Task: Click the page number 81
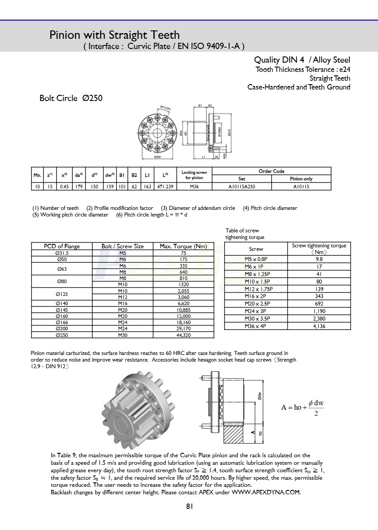pos(189,507)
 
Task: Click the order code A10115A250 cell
pos(242,187)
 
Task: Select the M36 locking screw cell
pos(194,187)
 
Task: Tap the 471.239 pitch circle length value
pos(164,187)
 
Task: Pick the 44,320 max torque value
pos(183,335)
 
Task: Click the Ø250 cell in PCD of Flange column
pos(62,335)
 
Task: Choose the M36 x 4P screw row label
pos(256,326)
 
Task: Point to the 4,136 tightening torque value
pos(319,326)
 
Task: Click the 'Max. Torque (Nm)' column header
pos(183,246)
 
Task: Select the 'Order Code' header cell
pos(271,171)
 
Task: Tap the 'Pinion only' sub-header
pos(301,179)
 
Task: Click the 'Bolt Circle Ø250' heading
pos(71,98)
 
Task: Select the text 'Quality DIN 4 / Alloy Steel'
pos(302,60)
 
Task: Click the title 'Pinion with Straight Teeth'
pos(115,35)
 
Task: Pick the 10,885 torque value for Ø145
pos(183,310)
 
